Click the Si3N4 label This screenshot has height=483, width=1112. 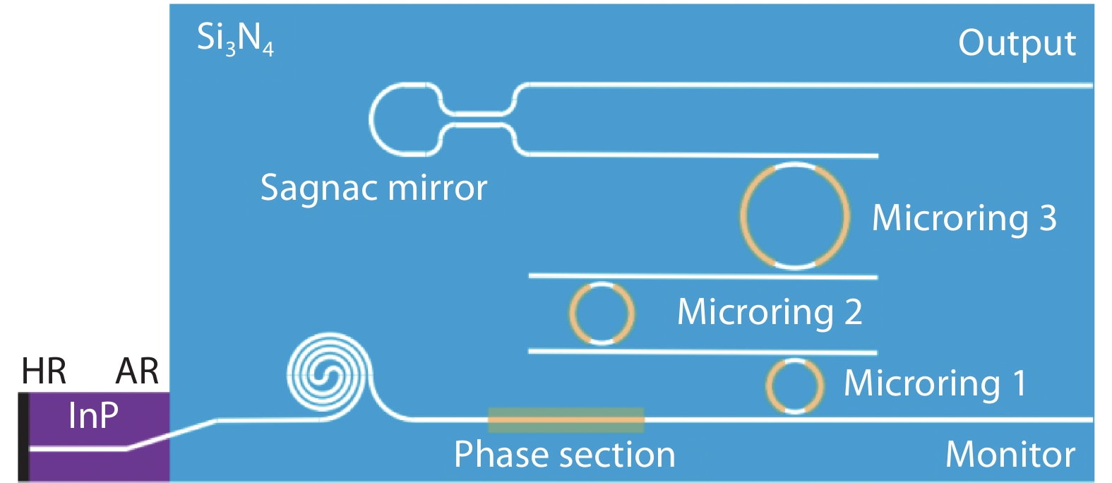(x=234, y=38)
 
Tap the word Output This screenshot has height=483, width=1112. (x=1017, y=44)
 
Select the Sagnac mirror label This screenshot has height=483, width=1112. (x=373, y=189)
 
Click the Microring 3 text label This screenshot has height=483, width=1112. (x=964, y=218)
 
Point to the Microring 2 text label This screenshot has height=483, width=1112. (x=770, y=312)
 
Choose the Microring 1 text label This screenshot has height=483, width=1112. (x=935, y=383)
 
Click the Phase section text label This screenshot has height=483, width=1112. (x=564, y=455)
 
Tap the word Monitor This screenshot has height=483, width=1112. (x=1010, y=455)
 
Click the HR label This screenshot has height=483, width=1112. (x=44, y=371)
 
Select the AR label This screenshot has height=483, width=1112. (x=137, y=371)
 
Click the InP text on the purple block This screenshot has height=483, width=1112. (x=93, y=415)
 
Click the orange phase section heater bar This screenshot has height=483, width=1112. (x=566, y=420)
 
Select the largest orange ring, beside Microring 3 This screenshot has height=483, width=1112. (x=795, y=216)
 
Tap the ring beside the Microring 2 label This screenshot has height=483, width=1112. (x=602, y=313)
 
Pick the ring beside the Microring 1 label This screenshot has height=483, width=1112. (x=795, y=386)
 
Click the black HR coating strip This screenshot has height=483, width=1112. (x=23, y=436)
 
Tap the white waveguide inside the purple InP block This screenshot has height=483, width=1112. (x=78, y=448)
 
